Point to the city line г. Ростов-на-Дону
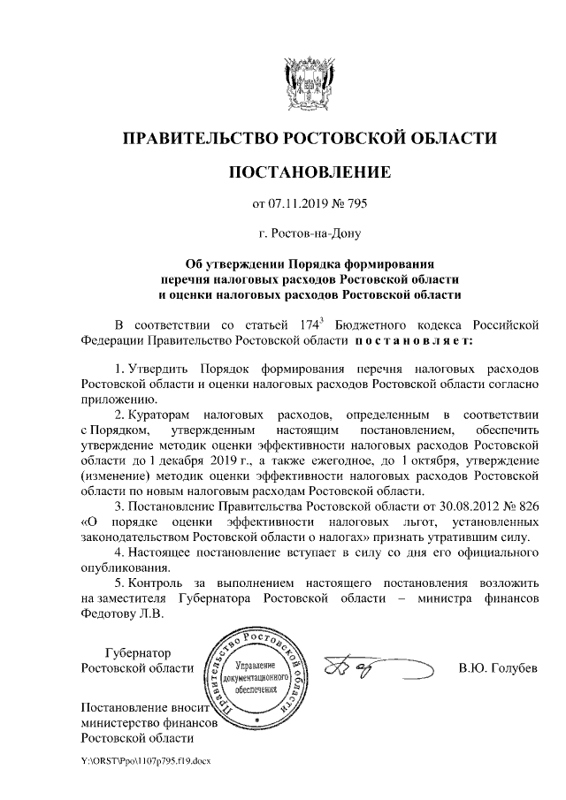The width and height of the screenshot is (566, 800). point(309,234)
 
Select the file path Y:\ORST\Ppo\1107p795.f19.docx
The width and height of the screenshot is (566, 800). point(145,760)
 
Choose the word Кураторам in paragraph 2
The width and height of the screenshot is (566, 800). point(158,414)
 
